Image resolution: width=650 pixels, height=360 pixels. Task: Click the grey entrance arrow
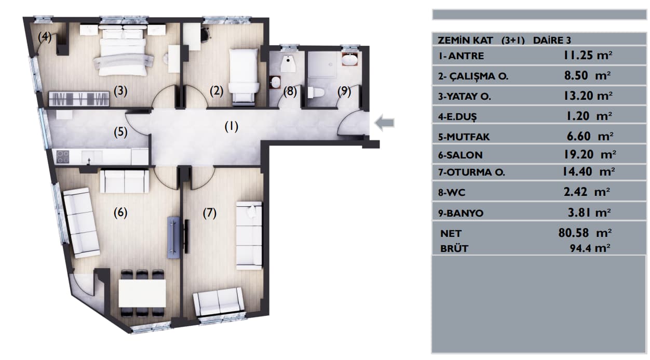[385, 123]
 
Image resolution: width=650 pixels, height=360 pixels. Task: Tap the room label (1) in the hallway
[231, 127]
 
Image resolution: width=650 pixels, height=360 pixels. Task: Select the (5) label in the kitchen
[120, 132]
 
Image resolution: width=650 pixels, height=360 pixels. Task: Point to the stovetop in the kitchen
[63, 157]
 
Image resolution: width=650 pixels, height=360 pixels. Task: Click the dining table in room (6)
[142, 293]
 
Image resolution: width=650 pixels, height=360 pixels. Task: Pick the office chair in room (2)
[206, 33]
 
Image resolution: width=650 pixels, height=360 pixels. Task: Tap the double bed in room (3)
[123, 52]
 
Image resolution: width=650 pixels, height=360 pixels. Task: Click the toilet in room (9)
[316, 92]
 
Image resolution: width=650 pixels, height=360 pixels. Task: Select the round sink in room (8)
[275, 82]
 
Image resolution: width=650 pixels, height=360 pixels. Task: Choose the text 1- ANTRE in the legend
[461, 56]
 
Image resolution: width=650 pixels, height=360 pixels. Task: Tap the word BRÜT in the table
[454, 249]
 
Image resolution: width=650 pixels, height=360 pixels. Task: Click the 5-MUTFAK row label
[464, 137]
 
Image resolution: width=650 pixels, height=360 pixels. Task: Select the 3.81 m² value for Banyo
[589, 213]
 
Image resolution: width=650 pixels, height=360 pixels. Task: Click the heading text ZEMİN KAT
[465, 41]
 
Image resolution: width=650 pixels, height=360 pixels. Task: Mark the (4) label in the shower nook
[45, 36]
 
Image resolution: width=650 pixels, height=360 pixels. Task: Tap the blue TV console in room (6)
[174, 237]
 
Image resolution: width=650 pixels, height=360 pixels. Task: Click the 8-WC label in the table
[452, 193]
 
